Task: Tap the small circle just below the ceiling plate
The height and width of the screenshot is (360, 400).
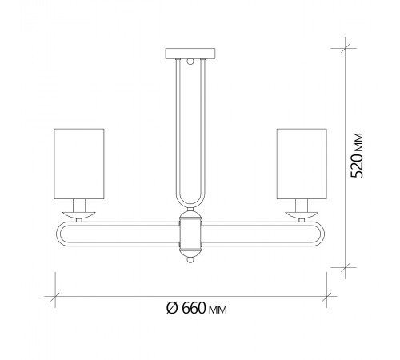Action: click(x=190, y=62)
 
